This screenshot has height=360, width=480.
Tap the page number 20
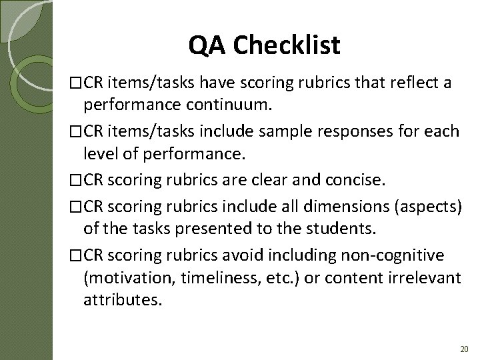pos(464,349)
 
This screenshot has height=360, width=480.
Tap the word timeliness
pos(200,277)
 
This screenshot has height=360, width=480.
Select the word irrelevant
pos(421,277)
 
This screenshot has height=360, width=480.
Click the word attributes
pos(122,301)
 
